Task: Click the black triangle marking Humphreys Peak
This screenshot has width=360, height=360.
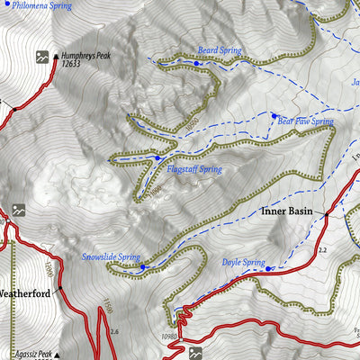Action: click(56, 55)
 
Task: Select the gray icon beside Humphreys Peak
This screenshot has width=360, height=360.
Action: click(41, 58)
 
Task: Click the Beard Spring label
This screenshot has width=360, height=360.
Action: click(220, 50)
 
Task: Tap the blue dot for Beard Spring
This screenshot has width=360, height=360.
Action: click(197, 63)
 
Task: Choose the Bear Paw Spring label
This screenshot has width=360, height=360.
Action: click(305, 121)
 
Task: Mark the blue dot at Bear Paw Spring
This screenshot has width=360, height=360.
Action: click(274, 115)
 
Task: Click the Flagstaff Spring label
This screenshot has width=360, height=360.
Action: click(193, 168)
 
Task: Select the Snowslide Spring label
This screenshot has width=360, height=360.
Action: click(111, 256)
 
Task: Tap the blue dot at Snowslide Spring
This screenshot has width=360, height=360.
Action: click(141, 266)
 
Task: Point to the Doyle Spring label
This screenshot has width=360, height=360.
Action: click(243, 263)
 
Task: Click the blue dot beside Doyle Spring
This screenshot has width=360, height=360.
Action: click(271, 268)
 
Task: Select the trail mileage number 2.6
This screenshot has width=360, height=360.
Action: click(113, 332)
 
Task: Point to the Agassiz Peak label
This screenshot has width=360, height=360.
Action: click(34, 354)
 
